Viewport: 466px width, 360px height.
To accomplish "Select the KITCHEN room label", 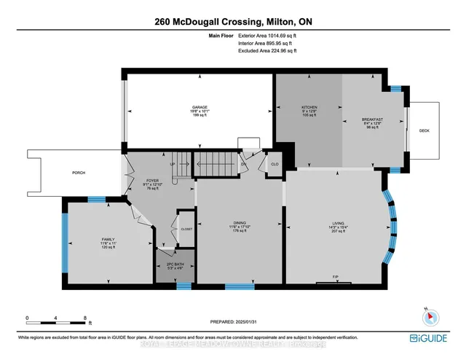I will click(309, 108).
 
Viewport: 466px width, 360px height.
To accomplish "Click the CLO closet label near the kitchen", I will click(275, 165).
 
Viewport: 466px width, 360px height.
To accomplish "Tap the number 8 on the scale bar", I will click(86, 318).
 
